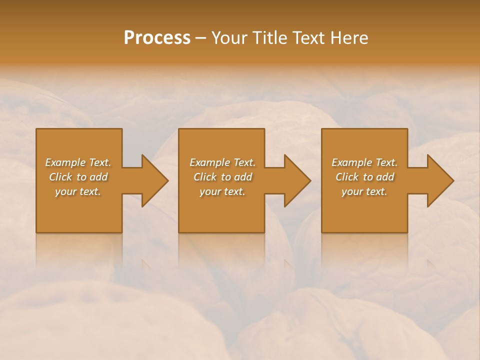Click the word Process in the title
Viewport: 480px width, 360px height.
[157, 38]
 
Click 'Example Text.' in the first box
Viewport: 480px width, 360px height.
[78, 162]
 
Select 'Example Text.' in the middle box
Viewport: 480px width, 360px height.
[222, 162]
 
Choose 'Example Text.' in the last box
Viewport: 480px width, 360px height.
[364, 162]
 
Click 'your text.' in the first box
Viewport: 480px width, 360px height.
[78, 191]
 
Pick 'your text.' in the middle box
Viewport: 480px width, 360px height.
[222, 191]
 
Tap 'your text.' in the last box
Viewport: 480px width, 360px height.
[364, 191]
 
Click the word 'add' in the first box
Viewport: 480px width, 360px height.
[99, 177]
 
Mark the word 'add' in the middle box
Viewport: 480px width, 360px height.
[243, 177]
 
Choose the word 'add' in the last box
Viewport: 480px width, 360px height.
[385, 177]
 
